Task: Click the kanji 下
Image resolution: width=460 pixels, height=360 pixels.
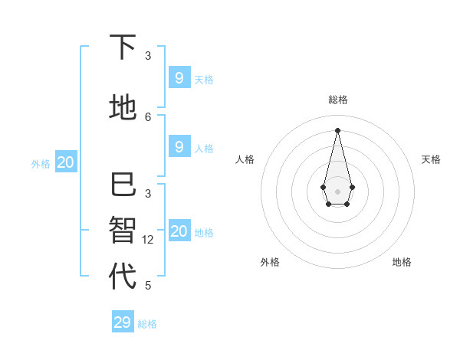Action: click(x=123, y=47)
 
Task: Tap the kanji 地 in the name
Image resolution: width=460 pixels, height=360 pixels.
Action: click(x=123, y=106)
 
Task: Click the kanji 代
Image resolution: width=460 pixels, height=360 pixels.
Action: click(x=123, y=276)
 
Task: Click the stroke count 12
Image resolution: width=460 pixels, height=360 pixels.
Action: click(x=148, y=239)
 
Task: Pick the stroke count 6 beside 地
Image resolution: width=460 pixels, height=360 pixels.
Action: click(x=148, y=116)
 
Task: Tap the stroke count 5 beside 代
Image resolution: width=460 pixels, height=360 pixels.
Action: click(x=148, y=286)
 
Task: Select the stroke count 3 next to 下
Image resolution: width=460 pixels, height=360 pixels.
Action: click(x=148, y=56)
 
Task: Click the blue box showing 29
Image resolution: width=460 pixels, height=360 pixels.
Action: click(x=123, y=322)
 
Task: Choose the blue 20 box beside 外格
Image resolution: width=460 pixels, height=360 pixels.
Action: click(x=66, y=162)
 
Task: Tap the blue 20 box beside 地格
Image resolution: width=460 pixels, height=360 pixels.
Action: click(x=179, y=231)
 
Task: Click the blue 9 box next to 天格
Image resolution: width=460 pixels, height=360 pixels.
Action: click(x=179, y=77)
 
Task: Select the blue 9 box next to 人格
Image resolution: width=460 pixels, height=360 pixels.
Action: click(x=179, y=147)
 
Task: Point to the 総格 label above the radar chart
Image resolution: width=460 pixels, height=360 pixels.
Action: click(x=337, y=100)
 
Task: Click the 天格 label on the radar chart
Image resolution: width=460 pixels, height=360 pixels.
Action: click(x=431, y=159)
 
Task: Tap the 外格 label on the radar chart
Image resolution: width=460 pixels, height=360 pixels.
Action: click(x=270, y=262)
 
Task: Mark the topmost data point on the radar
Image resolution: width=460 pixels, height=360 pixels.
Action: click(x=337, y=130)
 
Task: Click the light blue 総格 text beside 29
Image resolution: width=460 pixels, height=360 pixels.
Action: click(x=147, y=324)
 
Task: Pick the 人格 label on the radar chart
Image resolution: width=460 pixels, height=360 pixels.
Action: click(x=245, y=159)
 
